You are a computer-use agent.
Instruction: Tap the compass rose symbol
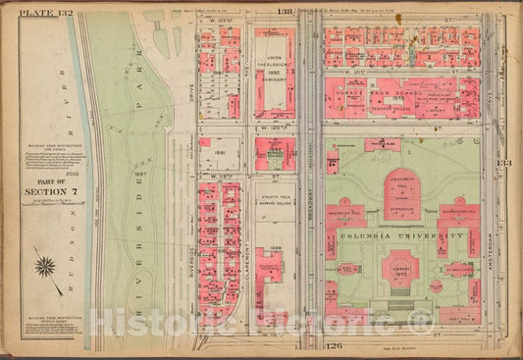click(45, 264)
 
